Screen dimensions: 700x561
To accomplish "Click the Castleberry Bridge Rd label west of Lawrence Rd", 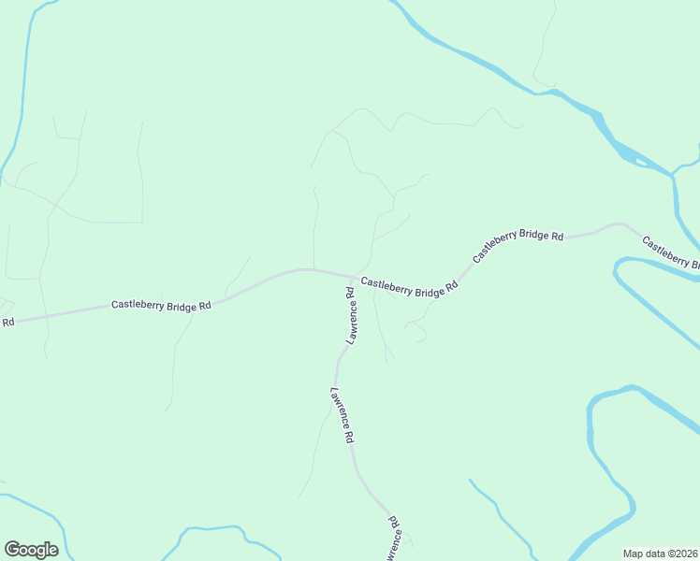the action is [x=161, y=305].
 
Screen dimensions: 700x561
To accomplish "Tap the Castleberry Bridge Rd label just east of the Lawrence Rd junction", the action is [x=409, y=286].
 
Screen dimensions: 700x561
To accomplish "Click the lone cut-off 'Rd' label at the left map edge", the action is [x=7, y=323].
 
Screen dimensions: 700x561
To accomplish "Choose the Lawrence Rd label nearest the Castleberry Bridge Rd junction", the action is [x=350, y=317].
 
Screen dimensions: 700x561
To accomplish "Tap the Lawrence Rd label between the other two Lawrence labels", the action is [x=342, y=415].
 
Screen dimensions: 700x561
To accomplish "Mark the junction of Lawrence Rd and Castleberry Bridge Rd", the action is [x=353, y=278].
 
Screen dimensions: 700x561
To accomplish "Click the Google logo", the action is [x=31, y=550].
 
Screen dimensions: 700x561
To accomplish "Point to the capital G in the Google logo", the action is [x=12, y=549].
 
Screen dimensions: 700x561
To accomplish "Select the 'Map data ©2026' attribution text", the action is [x=661, y=553].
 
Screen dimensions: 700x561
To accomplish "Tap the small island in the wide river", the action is [x=640, y=162].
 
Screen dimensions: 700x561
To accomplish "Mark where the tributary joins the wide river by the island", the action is [x=673, y=175].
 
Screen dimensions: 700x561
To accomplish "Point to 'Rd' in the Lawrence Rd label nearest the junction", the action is [x=349, y=294].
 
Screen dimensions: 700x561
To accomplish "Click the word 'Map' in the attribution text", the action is [x=634, y=553].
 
